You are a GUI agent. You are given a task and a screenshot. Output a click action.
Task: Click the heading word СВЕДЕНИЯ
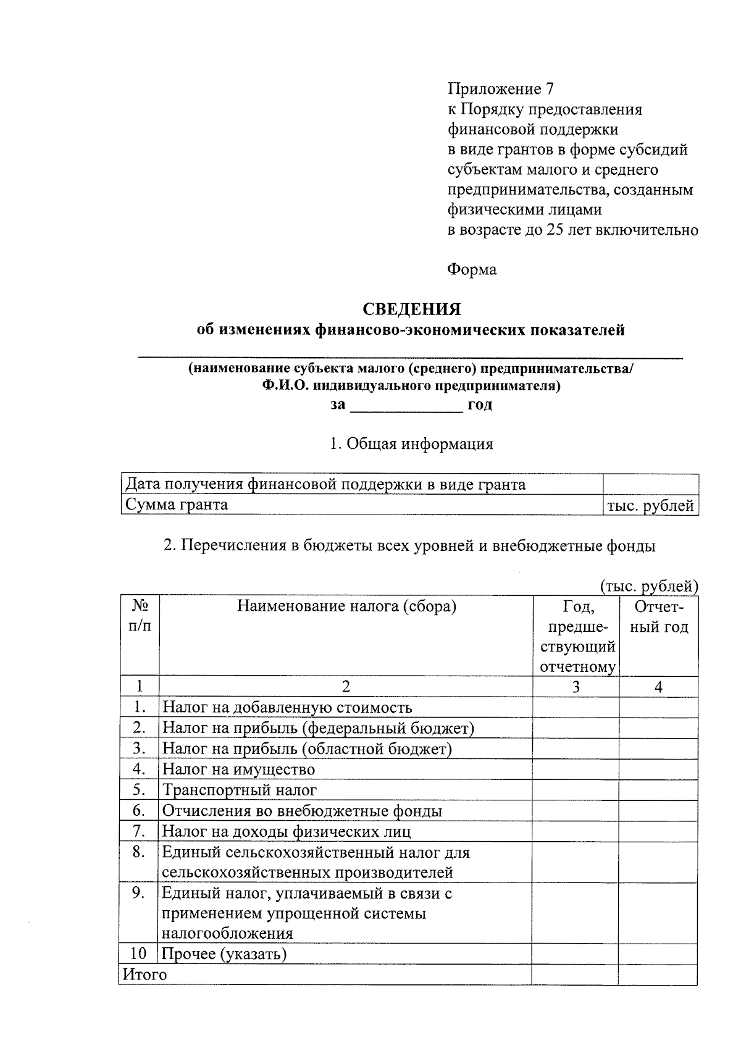click(x=411, y=309)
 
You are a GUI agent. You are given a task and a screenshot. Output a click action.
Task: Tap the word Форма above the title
click(x=472, y=269)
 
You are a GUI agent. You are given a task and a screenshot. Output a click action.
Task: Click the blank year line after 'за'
click(x=406, y=406)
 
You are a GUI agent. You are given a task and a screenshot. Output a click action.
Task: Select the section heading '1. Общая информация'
click(x=411, y=443)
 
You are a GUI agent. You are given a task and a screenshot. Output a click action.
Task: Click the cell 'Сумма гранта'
click(x=176, y=505)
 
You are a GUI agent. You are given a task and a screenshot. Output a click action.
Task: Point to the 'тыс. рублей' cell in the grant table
click(x=651, y=506)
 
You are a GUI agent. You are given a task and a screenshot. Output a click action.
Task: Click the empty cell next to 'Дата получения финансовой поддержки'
click(x=651, y=484)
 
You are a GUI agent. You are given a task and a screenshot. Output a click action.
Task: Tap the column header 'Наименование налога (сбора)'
click(x=346, y=606)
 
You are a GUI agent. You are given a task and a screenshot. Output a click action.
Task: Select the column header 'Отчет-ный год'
click(x=658, y=617)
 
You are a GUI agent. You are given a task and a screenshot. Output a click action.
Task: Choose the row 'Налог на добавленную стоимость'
click(x=287, y=708)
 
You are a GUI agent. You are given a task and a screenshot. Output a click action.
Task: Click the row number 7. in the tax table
click(x=139, y=831)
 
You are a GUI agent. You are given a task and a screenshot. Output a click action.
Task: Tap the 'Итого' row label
click(x=144, y=975)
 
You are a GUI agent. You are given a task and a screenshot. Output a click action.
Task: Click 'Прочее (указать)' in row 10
click(x=224, y=954)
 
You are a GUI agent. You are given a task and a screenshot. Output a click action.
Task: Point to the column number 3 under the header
click(x=576, y=687)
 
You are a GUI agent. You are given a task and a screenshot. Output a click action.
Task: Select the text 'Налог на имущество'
click(x=238, y=769)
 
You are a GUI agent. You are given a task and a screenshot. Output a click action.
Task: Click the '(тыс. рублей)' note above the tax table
click(x=648, y=586)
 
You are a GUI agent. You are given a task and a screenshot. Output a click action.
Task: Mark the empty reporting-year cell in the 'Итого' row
click(x=658, y=975)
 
